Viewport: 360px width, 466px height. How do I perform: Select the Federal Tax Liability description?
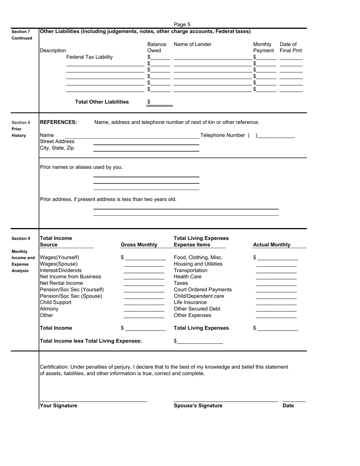click(89, 57)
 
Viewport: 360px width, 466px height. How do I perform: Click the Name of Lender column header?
click(193, 44)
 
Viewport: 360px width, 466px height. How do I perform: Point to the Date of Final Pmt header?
click(291, 47)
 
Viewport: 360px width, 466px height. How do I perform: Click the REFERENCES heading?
click(58, 122)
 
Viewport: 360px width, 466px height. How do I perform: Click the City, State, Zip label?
click(57, 148)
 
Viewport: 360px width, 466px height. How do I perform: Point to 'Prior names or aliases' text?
click(81, 167)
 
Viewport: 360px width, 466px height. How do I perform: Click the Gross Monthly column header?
click(139, 245)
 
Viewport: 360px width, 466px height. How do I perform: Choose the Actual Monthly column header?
click(272, 245)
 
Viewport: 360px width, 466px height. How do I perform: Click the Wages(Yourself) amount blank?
click(145, 258)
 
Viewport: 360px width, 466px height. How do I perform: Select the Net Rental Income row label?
click(61, 283)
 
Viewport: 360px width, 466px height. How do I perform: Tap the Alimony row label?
click(49, 309)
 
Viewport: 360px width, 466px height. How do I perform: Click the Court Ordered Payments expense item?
click(203, 290)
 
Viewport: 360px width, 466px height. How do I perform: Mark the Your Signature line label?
click(58, 406)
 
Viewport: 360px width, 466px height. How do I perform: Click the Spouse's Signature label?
click(198, 406)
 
